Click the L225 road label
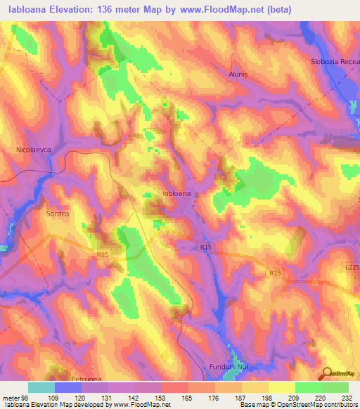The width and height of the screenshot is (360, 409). [352, 268]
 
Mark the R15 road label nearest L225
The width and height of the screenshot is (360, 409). [275, 273]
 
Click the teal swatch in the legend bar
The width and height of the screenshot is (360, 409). [41, 387]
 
